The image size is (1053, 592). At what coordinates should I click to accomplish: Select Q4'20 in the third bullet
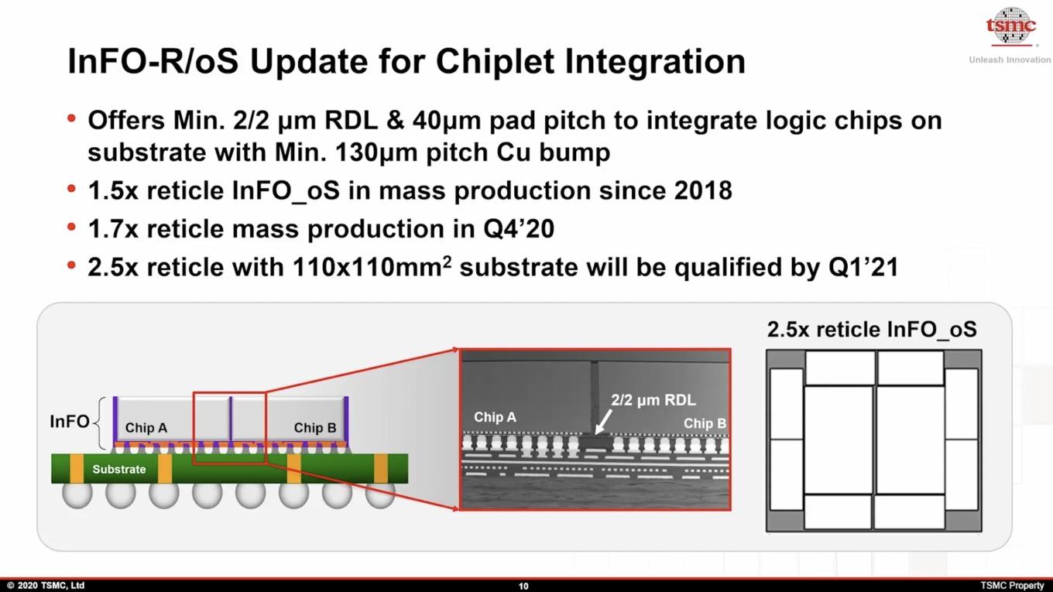(519, 229)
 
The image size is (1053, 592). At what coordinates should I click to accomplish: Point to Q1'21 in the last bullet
(863, 267)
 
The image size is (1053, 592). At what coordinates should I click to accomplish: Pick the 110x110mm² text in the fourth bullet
(372, 267)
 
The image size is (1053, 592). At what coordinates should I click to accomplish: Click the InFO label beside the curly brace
(70, 422)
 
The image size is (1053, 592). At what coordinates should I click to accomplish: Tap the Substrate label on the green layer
(119, 469)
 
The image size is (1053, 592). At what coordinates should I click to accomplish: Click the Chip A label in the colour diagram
(146, 427)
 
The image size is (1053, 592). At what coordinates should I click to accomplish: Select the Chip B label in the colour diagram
(315, 427)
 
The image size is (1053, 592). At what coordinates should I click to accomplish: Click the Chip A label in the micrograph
(495, 417)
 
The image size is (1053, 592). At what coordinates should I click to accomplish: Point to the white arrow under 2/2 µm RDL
(603, 422)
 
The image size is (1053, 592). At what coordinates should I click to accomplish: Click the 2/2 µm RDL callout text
(653, 400)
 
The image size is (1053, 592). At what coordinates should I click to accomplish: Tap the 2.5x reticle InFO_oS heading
(872, 329)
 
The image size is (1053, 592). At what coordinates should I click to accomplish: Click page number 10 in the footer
(523, 586)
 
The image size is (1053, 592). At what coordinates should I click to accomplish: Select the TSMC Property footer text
(1012, 585)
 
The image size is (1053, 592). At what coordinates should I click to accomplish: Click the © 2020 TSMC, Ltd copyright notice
(46, 585)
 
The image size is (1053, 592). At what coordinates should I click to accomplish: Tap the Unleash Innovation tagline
(1010, 60)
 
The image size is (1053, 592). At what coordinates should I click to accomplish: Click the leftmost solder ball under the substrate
(77, 495)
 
